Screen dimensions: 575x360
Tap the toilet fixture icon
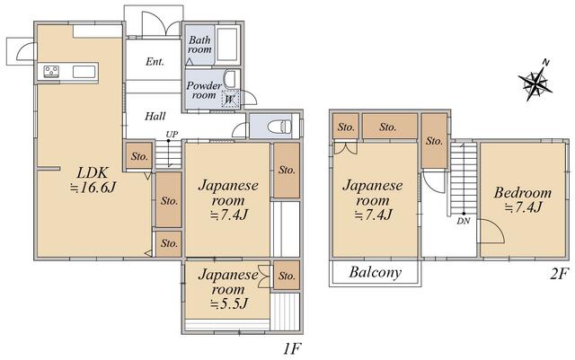279,127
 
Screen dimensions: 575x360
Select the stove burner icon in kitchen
51,71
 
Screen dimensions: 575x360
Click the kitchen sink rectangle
84,72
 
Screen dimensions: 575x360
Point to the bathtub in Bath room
227,44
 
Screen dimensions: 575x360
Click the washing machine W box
230,99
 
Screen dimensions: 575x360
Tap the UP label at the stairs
172,134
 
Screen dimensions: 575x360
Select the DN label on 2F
464,221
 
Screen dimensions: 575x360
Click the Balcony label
376,272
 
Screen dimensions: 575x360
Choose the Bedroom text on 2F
523,192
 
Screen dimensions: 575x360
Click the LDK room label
93,172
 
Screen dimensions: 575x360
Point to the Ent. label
155,62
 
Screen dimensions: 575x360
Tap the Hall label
155,117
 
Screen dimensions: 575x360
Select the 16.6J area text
93,188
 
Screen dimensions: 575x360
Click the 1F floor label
292,348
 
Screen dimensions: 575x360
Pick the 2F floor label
560,274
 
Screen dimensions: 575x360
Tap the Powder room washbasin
230,79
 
